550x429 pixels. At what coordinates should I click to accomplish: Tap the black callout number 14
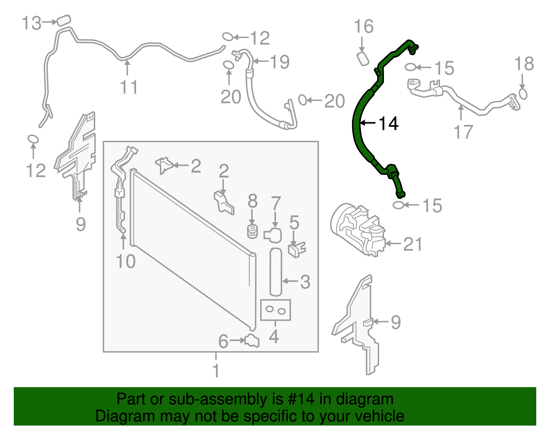click(388, 124)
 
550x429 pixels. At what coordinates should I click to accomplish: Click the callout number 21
click(412, 244)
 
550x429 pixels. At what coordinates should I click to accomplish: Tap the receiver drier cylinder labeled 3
click(276, 272)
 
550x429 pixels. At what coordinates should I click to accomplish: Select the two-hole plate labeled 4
click(276, 310)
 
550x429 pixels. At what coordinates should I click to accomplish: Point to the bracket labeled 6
click(252, 341)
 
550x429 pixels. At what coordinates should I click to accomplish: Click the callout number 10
click(126, 261)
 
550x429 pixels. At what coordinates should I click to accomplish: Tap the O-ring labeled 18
click(523, 94)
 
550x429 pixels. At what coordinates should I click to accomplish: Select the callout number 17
click(463, 132)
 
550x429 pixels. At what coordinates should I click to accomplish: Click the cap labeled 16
click(363, 58)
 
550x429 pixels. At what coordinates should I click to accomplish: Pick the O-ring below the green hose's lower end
click(398, 205)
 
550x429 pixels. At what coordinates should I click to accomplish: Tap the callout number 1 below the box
click(216, 371)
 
